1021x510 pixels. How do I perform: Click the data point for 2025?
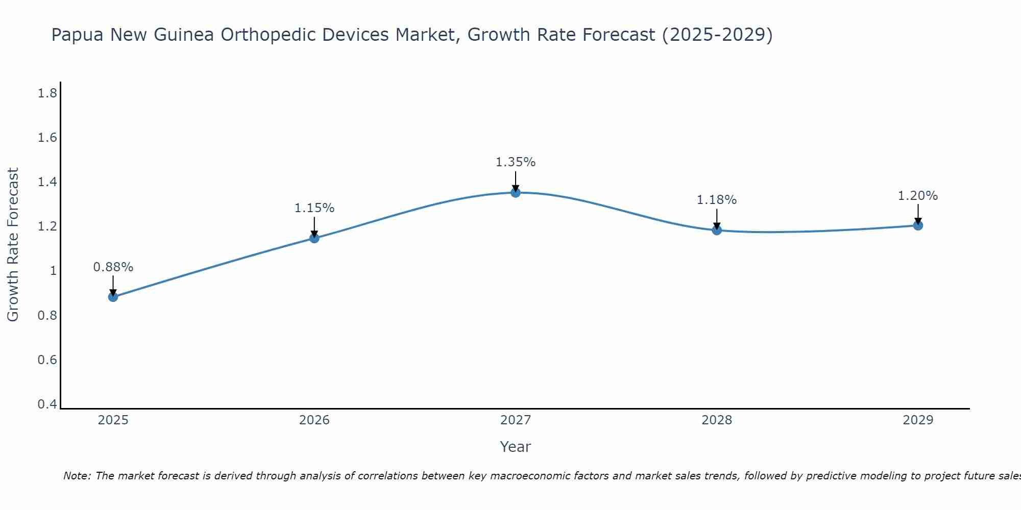pos(113,297)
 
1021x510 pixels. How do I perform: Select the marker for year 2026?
pos(314,238)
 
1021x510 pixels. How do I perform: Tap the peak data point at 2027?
pos(516,192)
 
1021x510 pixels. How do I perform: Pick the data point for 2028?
pos(717,230)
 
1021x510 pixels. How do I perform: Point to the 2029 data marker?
pos(918,225)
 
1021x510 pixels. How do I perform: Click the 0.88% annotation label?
pos(113,267)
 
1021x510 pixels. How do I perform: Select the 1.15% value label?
pos(314,208)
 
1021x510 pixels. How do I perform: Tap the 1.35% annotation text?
pos(516,162)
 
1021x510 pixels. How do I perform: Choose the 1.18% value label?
pos(717,200)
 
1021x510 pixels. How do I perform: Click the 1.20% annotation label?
pos(918,196)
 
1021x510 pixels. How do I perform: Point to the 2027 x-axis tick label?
pos(516,420)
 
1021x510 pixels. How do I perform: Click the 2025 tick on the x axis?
pos(113,420)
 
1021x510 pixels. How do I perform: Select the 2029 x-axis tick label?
pos(918,420)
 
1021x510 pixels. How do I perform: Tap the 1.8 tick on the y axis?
pos(47,93)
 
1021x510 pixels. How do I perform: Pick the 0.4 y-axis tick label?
pos(47,404)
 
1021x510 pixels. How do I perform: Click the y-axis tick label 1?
pos(53,271)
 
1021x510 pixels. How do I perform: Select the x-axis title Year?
pos(516,447)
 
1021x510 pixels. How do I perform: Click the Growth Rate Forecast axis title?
pos(13,245)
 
